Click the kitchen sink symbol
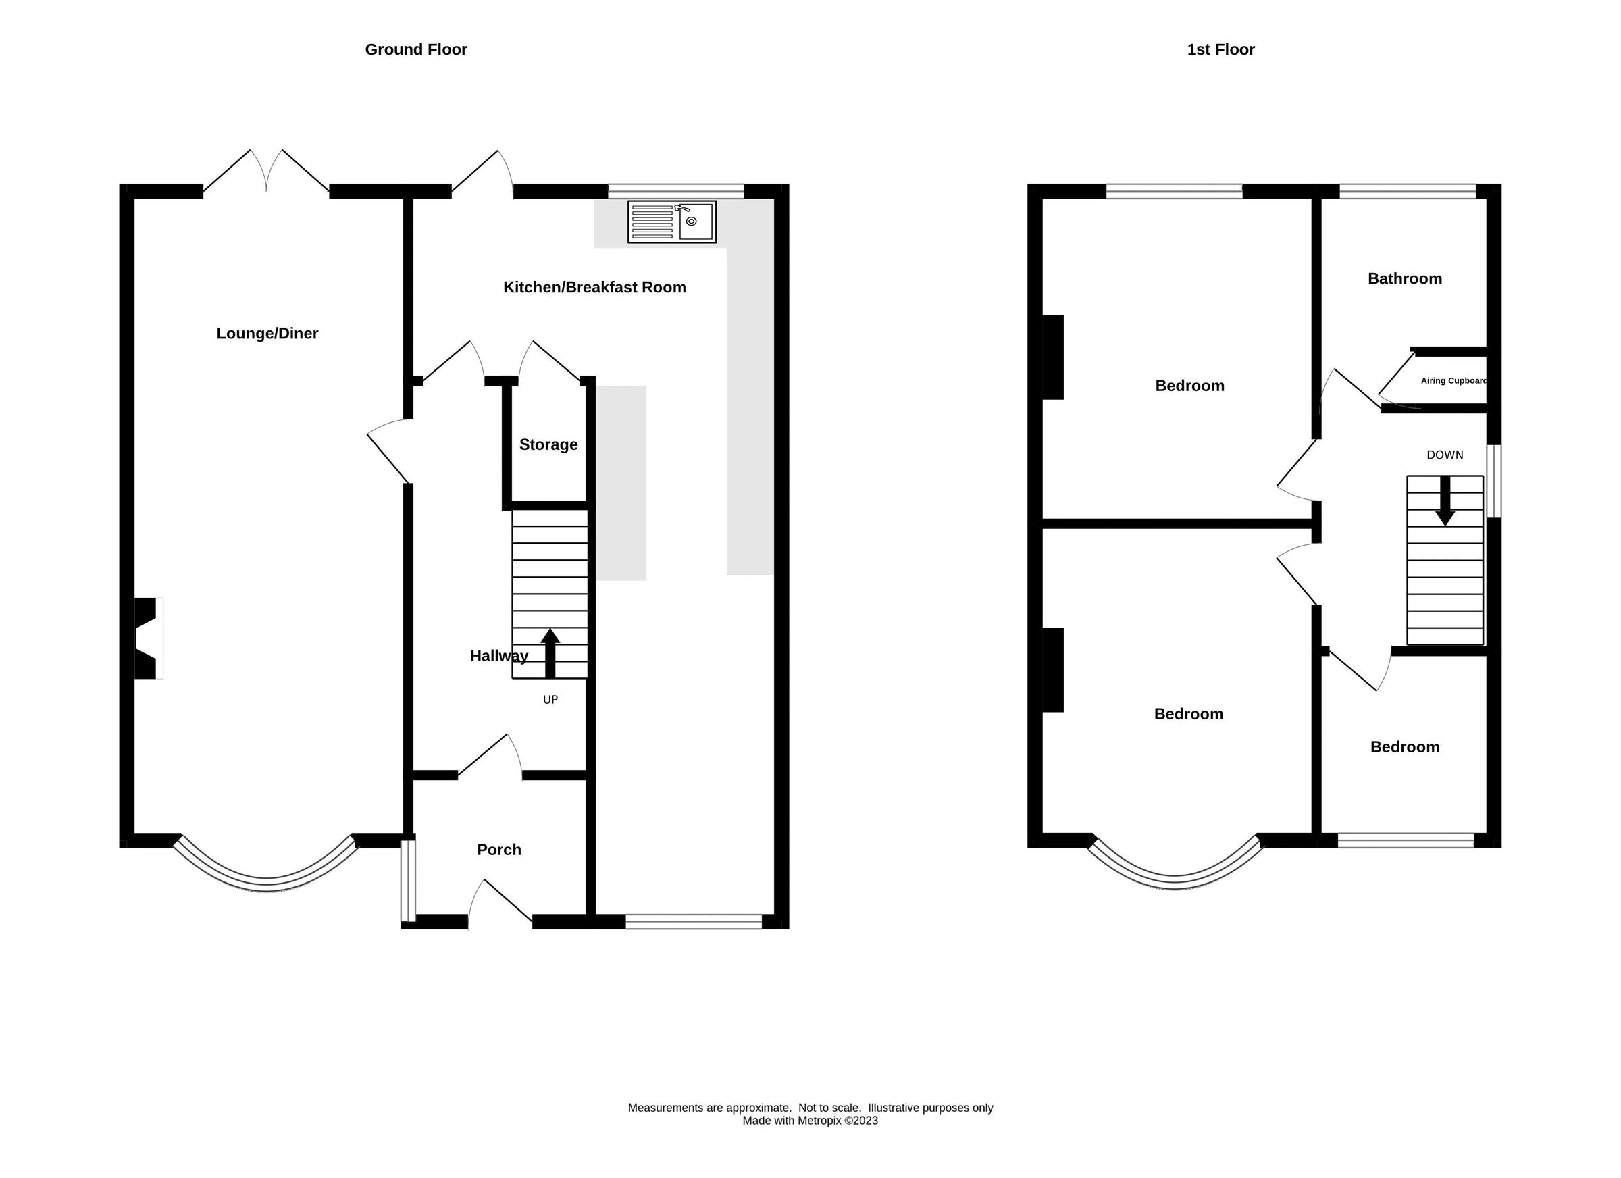click(671, 222)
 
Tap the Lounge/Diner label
click(267, 333)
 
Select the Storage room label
click(548, 444)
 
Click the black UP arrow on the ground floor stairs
click(550, 652)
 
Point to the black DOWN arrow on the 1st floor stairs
click(1445, 501)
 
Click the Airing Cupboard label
click(1453, 381)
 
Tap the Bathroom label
click(1404, 279)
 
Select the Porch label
click(499, 850)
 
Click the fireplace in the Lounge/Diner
click(147, 638)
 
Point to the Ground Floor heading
click(416, 49)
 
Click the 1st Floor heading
click(1220, 49)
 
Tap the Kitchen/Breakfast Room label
click(594, 287)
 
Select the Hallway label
click(499, 656)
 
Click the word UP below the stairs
click(550, 700)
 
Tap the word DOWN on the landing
click(1445, 455)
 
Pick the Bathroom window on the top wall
click(1407, 191)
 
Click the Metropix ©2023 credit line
click(810, 1121)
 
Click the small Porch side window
click(407, 881)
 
